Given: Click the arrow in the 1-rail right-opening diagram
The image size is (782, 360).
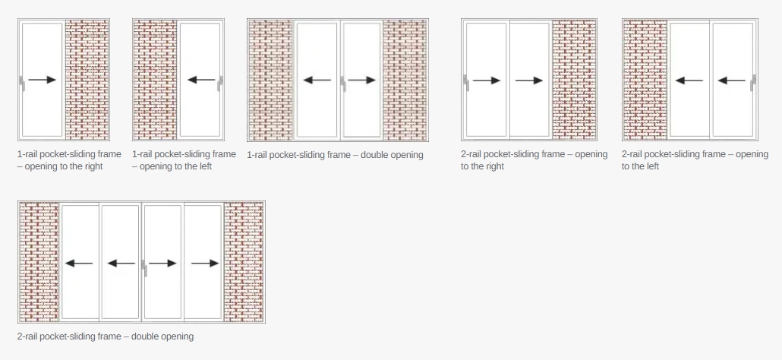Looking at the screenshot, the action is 42,79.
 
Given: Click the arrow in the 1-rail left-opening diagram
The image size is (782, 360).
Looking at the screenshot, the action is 201,79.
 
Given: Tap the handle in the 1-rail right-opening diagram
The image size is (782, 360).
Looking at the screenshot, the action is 21,84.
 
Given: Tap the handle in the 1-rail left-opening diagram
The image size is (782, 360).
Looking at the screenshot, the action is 220,84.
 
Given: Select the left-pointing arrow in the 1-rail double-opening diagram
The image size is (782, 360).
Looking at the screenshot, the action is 317,80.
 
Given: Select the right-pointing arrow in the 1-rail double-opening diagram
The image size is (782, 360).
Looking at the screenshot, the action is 362,80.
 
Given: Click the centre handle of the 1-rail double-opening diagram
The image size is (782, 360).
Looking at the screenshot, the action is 342,84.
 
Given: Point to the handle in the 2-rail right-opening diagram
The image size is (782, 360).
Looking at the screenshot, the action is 466,84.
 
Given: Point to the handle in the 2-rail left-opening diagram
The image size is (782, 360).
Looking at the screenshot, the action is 754,84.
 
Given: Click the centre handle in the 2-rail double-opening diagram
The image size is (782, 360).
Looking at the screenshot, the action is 143,268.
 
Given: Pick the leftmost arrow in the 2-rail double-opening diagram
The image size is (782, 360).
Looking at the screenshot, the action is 79,264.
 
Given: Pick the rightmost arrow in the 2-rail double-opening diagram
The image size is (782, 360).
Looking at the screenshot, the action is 205,264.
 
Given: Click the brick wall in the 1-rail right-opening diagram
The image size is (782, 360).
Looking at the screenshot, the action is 87,80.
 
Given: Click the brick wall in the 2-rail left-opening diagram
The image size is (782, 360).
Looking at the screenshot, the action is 645,80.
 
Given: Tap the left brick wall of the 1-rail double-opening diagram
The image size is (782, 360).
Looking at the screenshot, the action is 271,81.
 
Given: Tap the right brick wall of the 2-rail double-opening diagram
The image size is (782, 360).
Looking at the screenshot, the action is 244,262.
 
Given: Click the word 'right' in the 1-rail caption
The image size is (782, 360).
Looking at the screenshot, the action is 93,166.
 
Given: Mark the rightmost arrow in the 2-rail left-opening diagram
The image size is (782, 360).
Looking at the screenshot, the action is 732,81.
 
